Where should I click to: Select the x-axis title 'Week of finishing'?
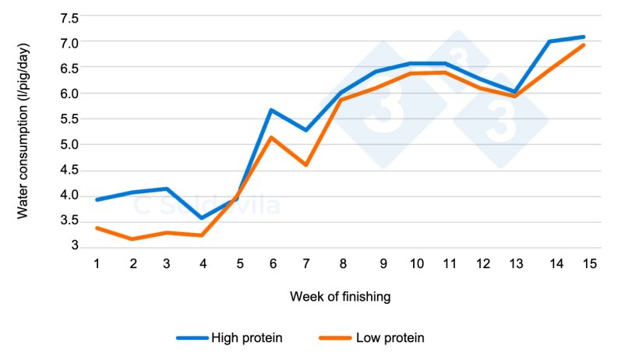tap(341, 297)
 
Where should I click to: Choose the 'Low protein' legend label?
tap(390, 337)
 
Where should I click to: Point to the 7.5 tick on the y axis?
tap(69, 17)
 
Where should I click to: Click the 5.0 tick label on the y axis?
tap(69, 144)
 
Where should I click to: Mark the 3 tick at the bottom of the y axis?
tap(75, 246)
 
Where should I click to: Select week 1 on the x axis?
tap(97, 263)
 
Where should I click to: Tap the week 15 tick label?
tap(589, 263)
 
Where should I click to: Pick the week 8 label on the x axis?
tap(342, 263)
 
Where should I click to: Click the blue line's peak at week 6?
tap(271, 110)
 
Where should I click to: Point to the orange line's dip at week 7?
tap(306, 164)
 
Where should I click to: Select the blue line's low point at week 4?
tap(203, 218)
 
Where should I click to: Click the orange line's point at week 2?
tap(132, 239)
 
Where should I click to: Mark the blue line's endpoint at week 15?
tap(584, 37)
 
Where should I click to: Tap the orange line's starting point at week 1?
tap(97, 228)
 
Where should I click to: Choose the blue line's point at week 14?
tap(549, 41)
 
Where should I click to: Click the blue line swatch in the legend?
tap(192, 337)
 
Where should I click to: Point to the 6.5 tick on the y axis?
tap(69, 68)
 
